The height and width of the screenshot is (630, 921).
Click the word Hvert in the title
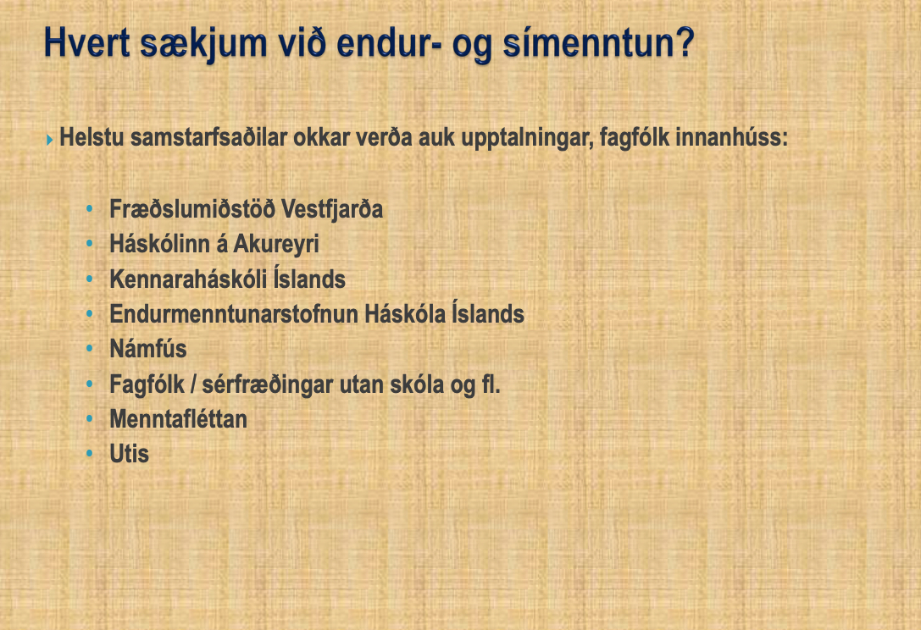[x=86, y=42]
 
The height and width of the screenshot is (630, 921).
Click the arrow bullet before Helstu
[x=49, y=140]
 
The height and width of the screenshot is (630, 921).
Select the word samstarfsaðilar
[x=208, y=137]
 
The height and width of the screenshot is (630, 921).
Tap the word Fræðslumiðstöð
[x=192, y=209]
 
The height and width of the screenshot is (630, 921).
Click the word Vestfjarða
[x=332, y=210]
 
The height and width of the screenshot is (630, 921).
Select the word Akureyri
[x=276, y=245]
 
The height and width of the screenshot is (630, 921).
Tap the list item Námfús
[x=148, y=349]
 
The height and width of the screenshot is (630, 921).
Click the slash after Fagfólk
[x=193, y=384]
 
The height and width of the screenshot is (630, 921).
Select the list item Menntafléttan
[x=179, y=419]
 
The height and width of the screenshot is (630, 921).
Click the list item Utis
[x=130, y=454]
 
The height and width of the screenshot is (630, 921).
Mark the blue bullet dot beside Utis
[x=89, y=453]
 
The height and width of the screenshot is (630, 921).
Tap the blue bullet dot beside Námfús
[x=89, y=348]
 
